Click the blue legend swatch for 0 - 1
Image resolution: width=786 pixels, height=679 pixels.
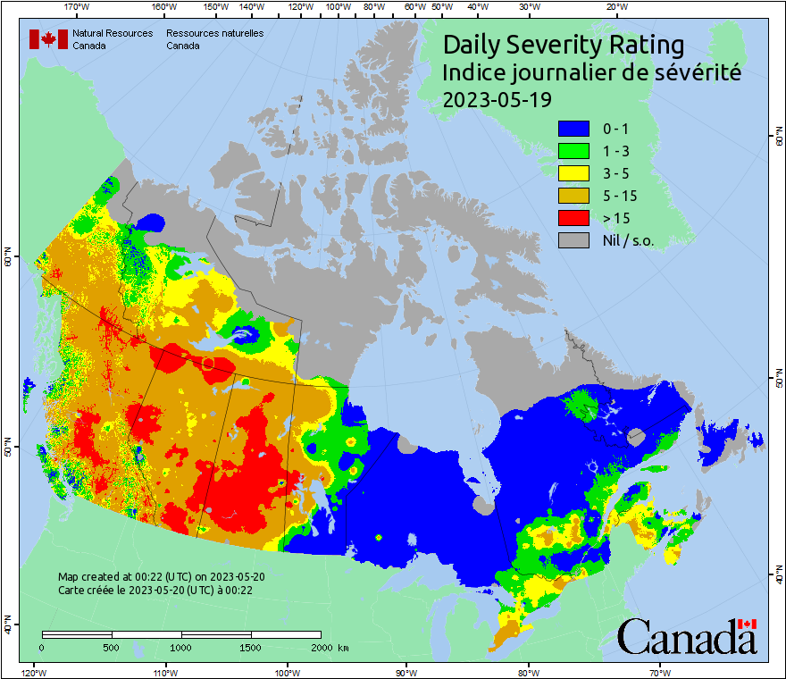click(x=573, y=129)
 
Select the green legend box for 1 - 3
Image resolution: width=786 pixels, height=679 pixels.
click(x=573, y=151)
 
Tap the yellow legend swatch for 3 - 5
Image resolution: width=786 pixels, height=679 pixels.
click(x=573, y=173)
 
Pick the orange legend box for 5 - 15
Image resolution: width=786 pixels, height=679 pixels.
click(x=573, y=196)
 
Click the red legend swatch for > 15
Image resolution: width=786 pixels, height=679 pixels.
click(x=573, y=217)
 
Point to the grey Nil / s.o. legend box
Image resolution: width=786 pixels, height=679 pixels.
click(x=573, y=239)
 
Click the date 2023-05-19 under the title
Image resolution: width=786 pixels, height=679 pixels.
click(x=497, y=99)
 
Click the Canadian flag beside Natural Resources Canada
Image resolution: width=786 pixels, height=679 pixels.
click(x=48, y=38)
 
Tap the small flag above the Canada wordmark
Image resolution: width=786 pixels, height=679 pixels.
click(x=747, y=623)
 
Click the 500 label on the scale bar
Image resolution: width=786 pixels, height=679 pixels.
click(x=111, y=647)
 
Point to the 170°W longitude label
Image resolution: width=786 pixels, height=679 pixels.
click(x=78, y=7)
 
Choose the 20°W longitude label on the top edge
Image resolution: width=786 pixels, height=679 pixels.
click(x=615, y=7)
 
